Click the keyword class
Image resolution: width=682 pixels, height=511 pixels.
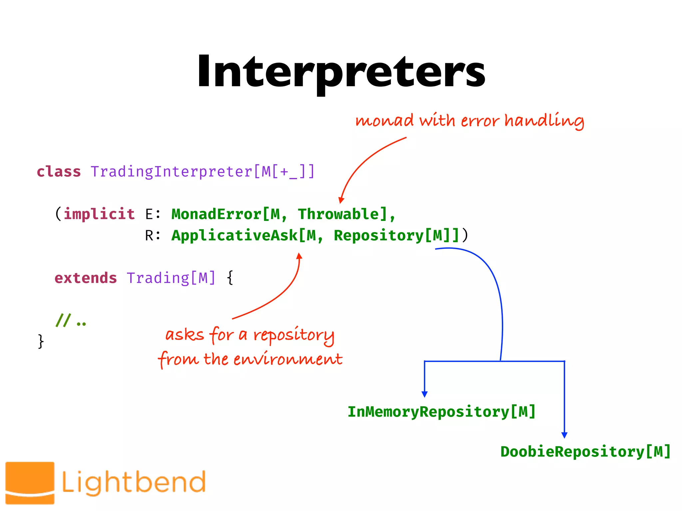(59, 172)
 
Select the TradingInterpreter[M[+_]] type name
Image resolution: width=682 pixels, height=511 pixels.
(202, 172)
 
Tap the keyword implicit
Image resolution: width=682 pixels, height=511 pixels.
(99, 214)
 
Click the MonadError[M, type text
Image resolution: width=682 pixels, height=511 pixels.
(229, 214)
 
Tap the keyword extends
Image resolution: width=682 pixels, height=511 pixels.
(86, 278)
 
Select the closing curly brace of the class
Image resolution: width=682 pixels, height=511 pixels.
(41, 341)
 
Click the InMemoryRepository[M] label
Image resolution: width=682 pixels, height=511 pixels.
(442, 412)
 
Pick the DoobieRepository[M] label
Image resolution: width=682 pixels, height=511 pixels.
(585, 452)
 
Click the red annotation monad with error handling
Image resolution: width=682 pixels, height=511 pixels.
(470, 120)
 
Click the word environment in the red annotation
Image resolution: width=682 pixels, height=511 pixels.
(288, 359)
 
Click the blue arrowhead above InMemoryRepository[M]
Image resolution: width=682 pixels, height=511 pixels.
(424, 394)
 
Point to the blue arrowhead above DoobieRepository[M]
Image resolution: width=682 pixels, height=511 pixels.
(564, 435)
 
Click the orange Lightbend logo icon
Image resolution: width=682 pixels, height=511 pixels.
(30, 482)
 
